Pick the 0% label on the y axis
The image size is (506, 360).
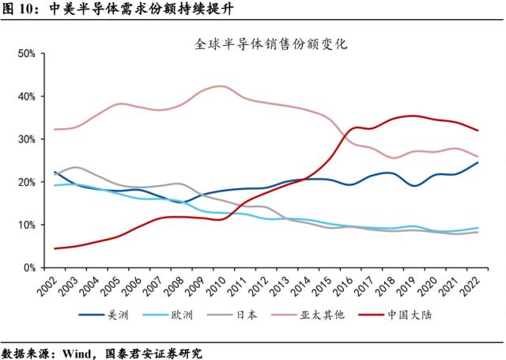tap(30, 268)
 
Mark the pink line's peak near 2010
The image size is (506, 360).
tap(221, 86)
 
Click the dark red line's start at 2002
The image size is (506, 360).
tap(54, 248)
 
